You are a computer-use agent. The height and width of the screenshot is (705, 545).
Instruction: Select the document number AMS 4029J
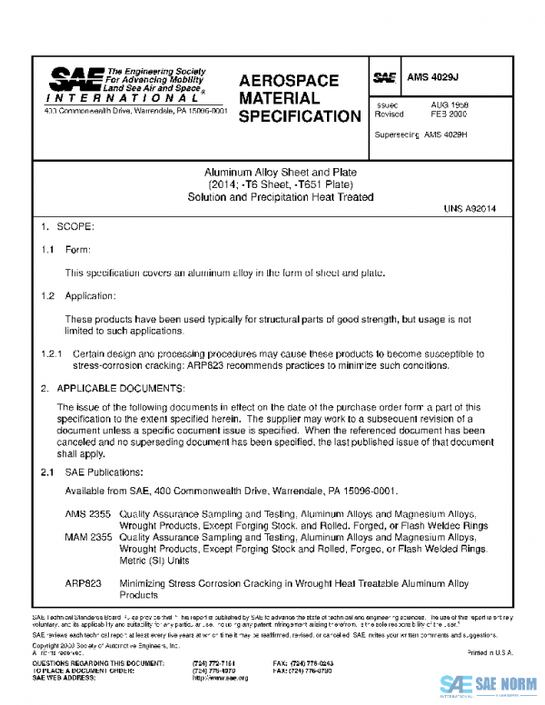(440, 78)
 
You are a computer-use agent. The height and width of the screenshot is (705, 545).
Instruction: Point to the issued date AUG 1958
(449, 105)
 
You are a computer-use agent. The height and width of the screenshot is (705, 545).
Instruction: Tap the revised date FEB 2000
(449, 115)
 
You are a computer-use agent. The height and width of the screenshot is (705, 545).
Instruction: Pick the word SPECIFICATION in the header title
(300, 116)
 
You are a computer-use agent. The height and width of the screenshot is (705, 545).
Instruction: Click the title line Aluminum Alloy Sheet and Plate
(280, 171)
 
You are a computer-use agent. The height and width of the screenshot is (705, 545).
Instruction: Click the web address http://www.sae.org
(221, 678)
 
